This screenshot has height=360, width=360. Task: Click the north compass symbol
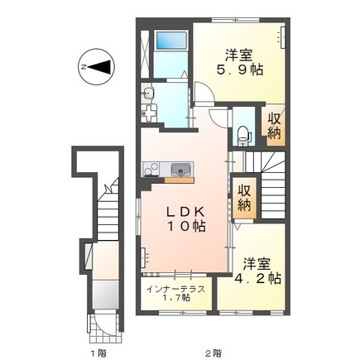pos(96,67)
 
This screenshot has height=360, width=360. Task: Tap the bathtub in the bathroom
pos(170,41)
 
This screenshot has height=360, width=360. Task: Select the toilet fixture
pos(244,137)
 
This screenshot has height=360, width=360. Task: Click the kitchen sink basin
pos(180,170)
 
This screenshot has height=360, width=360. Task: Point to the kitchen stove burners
pos(151,169)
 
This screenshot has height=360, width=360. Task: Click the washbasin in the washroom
pos(148,93)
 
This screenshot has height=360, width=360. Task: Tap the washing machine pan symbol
pos(149,113)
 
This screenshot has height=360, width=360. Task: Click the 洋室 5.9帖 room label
pos(239,63)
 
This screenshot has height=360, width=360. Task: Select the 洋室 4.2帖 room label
pos(257,271)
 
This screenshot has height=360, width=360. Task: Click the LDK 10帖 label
pos(185,219)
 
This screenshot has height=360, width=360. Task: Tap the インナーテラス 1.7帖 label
pos(175,294)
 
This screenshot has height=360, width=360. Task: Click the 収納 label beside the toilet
pos(274,126)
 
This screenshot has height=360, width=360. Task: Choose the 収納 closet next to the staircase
pos(244,197)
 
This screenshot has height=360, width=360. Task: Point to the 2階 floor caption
pos(214,344)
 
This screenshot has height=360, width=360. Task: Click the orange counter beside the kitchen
pos(180,180)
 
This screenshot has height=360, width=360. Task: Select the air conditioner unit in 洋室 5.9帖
pos(282,37)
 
